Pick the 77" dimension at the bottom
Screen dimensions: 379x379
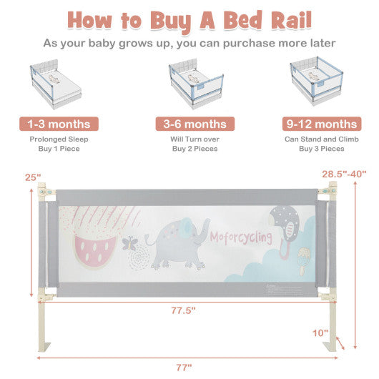click(x=184, y=368)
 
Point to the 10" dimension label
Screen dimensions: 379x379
click(x=320, y=333)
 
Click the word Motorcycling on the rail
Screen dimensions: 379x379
click(x=240, y=237)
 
